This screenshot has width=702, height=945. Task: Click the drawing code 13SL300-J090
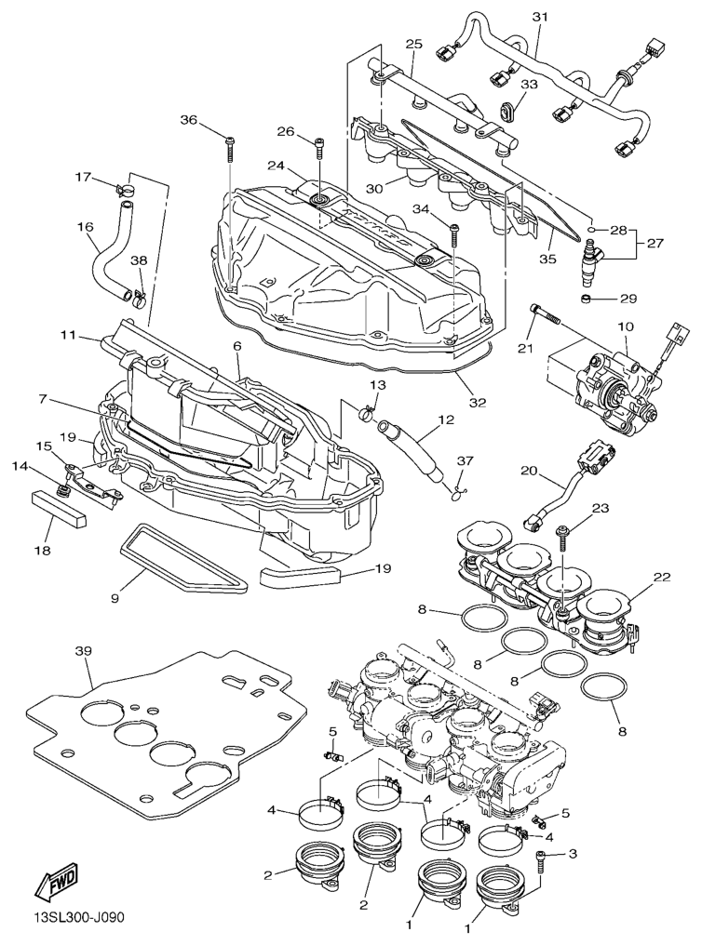coord(69,919)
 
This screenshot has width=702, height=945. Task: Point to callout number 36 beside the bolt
coord(189,120)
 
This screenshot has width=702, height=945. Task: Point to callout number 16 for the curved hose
coord(86,226)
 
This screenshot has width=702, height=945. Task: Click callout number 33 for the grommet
coord(528,85)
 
